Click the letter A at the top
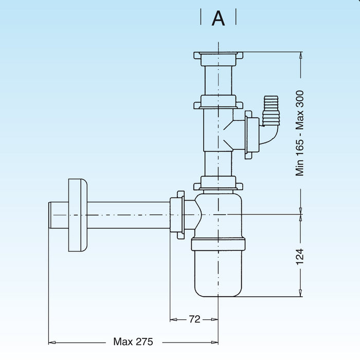219,19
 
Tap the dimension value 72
194,319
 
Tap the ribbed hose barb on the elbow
271,109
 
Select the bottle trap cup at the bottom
219,273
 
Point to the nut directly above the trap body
218,183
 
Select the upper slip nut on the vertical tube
218,102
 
